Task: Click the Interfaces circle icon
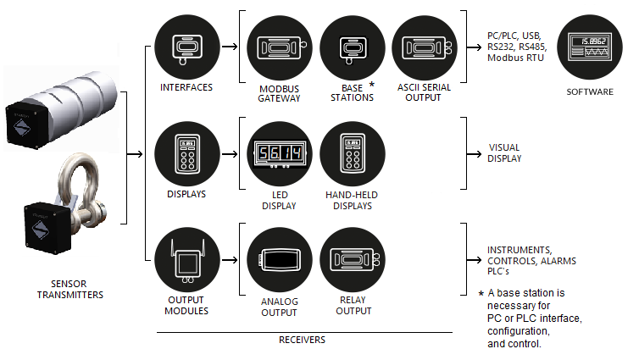(x=186, y=47)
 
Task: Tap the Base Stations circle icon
(x=352, y=47)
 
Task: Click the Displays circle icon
(x=186, y=154)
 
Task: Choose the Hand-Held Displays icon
(x=352, y=154)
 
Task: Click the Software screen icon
(x=592, y=46)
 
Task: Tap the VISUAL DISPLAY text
(x=504, y=152)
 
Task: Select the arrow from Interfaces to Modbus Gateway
(x=229, y=47)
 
